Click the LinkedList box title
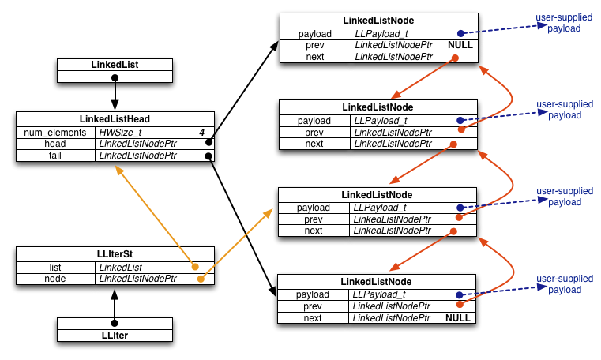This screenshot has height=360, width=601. pos(115,65)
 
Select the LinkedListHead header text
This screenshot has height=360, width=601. pos(115,119)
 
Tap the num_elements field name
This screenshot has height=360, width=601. pos(54,133)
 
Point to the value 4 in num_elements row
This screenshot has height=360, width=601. pos(201,133)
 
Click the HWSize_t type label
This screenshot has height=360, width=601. pos(120,133)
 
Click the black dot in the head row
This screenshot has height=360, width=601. pos(209,142)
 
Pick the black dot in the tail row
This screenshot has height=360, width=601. pos(208,156)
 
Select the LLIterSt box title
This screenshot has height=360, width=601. pos(115,254)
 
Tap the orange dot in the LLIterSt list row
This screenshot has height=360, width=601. pos(195,267)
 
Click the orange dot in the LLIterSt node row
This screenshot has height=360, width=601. pos(201,279)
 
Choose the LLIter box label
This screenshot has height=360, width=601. pos(115,336)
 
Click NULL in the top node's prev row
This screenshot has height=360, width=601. pos(460,45)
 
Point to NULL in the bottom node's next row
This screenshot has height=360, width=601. pos(458,318)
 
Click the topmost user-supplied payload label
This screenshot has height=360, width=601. pos(564,23)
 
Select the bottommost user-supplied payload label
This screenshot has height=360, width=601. pos(565,283)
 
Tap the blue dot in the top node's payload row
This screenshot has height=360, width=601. pos(461,33)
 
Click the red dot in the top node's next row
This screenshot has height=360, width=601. pos(455,58)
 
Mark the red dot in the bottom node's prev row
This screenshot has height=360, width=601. pos(460,305)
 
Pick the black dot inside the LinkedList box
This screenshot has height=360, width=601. pos(115,77)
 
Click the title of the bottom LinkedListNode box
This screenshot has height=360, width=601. pos(376,282)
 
